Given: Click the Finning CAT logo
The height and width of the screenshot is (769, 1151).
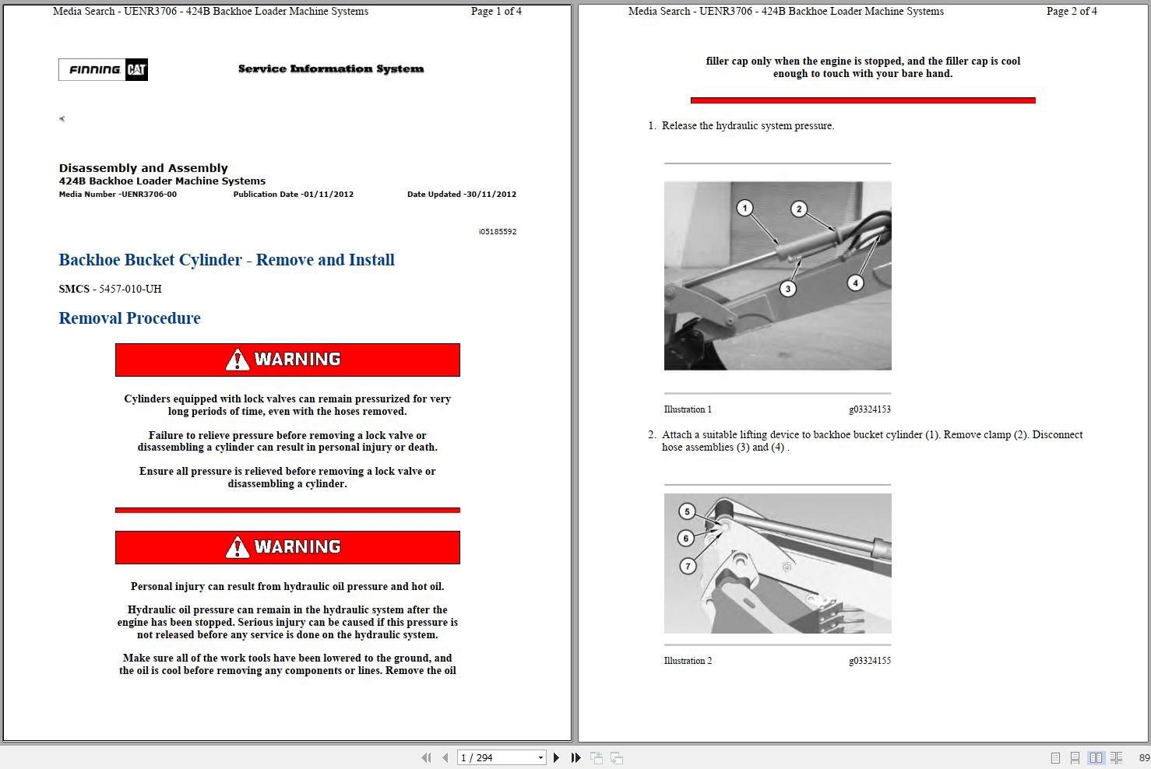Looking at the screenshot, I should (103, 70).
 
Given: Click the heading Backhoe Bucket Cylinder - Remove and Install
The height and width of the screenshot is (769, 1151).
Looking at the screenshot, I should (227, 260).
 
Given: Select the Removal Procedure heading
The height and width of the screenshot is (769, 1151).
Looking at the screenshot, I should (129, 318).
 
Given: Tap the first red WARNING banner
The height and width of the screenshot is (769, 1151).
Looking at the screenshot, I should (287, 360).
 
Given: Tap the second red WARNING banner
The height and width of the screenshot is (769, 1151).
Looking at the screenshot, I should (287, 547).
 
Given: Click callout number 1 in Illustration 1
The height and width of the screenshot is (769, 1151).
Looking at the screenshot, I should (745, 208).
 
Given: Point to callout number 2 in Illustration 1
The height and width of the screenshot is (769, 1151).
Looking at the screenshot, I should (798, 209).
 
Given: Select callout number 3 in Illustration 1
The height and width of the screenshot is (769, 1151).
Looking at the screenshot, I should (788, 289).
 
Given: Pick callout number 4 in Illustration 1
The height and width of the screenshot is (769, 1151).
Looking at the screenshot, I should (855, 283).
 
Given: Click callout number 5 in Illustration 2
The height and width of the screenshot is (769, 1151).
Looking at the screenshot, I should (687, 511).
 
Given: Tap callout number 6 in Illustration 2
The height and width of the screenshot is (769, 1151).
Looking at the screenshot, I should (686, 538).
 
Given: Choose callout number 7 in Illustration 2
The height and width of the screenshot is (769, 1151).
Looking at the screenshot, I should (688, 566).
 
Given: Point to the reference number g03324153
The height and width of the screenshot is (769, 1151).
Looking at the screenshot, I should (869, 409).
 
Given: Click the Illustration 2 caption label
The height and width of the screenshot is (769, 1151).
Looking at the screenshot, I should (688, 661).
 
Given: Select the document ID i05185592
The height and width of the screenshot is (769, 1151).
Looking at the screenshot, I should (497, 232).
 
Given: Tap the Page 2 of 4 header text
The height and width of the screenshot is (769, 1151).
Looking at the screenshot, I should (1072, 12).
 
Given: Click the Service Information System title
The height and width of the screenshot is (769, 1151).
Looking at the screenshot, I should (331, 69).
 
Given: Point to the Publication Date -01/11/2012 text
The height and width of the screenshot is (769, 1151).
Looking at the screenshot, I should (293, 195).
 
